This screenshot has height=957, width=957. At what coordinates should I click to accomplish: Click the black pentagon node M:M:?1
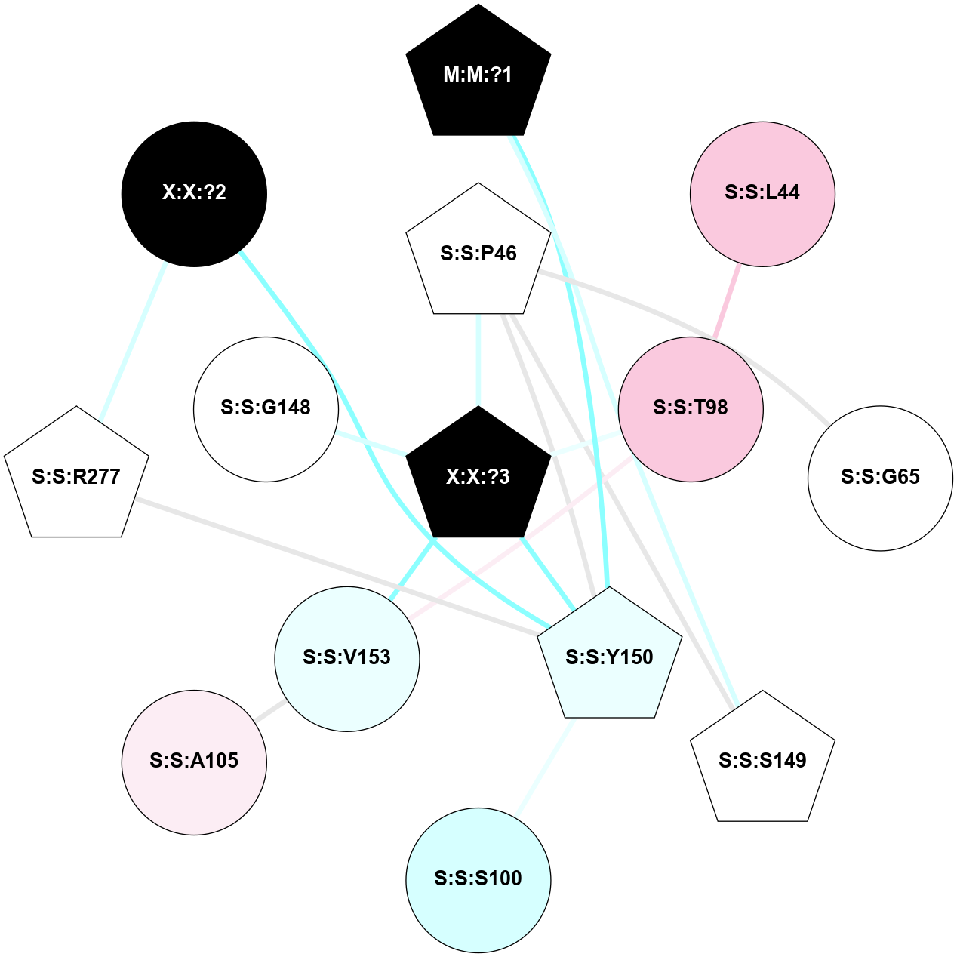(x=478, y=74)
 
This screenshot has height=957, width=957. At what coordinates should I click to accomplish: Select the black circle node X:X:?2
(x=194, y=194)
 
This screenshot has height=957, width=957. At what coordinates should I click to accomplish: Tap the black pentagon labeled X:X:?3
(x=478, y=475)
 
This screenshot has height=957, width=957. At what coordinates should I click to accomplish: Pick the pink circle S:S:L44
(x=762, y=194)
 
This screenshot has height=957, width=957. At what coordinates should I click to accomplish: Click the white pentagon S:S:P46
(x=478, y=253)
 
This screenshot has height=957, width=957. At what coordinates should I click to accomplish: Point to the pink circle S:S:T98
(x=691, y=408)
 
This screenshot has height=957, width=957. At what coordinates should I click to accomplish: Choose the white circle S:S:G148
(x=266, y=408)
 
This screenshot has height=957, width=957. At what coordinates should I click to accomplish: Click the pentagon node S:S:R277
(x=76, y=476)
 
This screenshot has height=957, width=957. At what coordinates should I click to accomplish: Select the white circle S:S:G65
(x=880, y=478)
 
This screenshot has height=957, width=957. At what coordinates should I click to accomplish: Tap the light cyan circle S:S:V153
(x=347, y=658)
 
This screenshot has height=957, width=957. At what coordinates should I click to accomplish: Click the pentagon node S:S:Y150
(x=609, y=657)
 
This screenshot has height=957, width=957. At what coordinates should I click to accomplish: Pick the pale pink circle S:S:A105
(x=194, y=762)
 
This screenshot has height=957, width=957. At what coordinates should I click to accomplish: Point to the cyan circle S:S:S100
(x=478, y=879)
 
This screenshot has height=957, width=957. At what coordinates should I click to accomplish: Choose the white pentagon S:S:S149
(x=762, y=760)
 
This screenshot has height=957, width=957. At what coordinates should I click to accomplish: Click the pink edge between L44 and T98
(x=727, y=302)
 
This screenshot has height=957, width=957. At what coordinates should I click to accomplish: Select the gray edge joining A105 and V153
(x=269, y=710)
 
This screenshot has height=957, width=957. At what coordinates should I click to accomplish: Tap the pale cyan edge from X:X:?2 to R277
(x=134, y=341)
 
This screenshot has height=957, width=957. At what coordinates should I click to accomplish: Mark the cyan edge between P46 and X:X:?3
(x=478, y=359)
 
